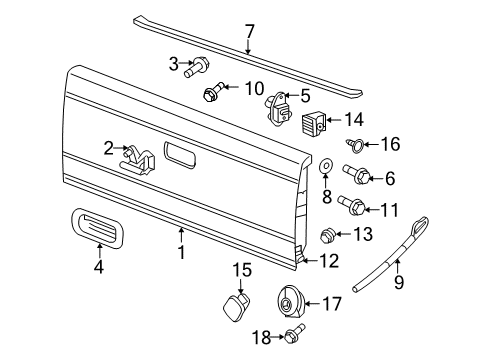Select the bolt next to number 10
[x=212, y=95]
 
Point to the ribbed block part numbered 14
[x=315, y=125]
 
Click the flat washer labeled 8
[x=327, y=162]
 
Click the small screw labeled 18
[x=293, y=337]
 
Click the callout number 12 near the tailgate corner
[x=330, y=261]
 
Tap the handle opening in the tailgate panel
[x=182, y=156]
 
